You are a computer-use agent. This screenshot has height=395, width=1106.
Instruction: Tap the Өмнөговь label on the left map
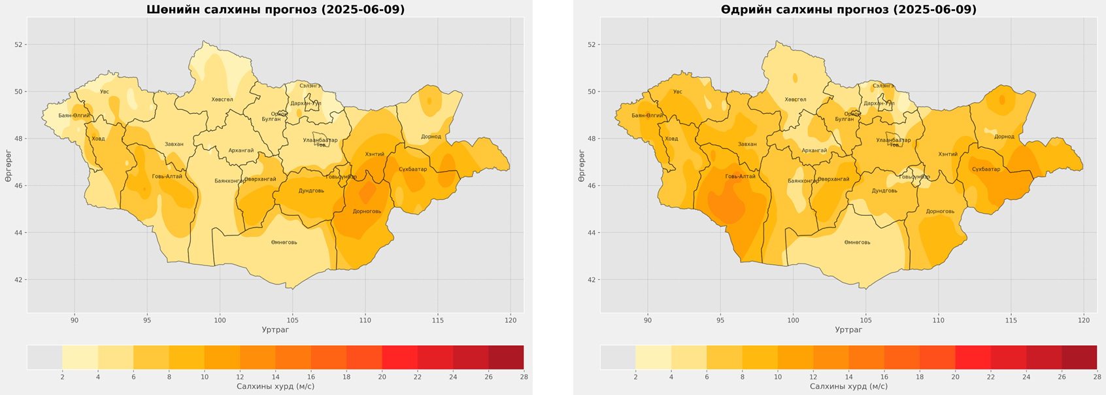(284, 243)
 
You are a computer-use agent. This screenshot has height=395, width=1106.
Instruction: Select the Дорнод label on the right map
(1004, 137)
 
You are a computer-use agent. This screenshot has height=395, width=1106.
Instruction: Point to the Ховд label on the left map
(98, 139)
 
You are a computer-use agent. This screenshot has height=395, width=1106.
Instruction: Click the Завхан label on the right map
(747, 145)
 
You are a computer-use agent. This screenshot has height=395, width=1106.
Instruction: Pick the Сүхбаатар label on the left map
(412, 169)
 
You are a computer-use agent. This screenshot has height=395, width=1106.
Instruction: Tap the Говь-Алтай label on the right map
(741, 177)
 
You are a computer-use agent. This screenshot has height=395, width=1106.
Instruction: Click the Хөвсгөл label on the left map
(222, 99)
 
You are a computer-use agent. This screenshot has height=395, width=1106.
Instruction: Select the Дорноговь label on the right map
(940, 211)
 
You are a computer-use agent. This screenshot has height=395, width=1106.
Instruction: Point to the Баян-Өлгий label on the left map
(74, 116)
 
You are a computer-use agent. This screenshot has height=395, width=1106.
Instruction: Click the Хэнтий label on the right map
(948, 154)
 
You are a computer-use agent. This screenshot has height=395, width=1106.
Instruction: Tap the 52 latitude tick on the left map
(18, 44)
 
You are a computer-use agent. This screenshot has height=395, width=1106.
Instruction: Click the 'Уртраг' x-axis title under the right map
(848, 330)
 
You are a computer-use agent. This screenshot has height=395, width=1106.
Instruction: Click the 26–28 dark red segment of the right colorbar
(1079, 357)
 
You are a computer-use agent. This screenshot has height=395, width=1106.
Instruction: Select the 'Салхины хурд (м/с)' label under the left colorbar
(275, 386)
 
